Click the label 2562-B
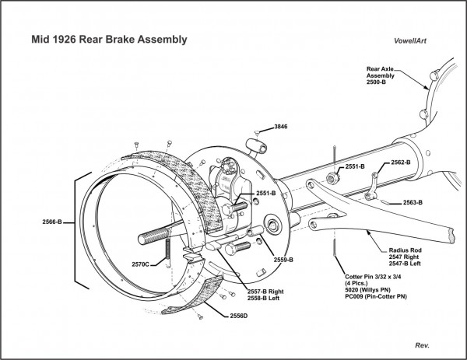402,163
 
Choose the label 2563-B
413,203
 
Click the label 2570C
142,264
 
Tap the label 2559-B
282,259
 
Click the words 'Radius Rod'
405,249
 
